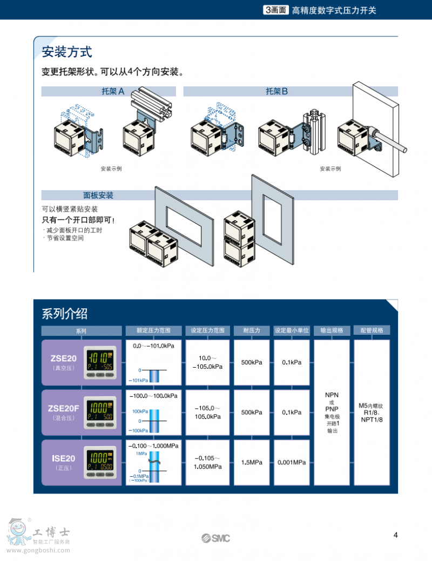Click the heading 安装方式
(67, 52)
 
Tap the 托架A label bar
(112, 91)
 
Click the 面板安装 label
(98, 195)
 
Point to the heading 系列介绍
(65, 313)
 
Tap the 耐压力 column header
(252, 330)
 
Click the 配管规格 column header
(372, 330)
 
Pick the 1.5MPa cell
(252, 462)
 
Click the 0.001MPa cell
(292, 462)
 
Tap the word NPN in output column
(332, 395)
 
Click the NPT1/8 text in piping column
(372, 420)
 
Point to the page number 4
(396, 535)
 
